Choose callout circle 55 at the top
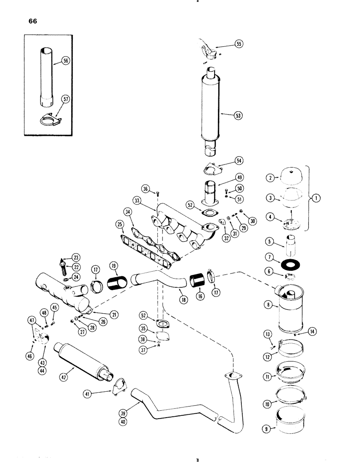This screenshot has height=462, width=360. pos(238,44)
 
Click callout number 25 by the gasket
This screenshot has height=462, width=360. pos(120,225)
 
